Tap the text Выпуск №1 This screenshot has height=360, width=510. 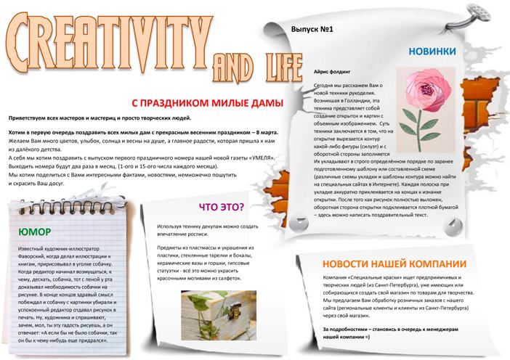pos(311,30)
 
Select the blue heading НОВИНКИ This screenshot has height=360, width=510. pos(432,51)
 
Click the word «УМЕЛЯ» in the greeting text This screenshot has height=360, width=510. pos(260,157)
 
